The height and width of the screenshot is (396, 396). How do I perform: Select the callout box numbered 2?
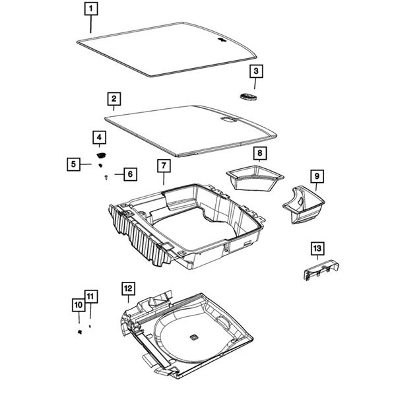[114, 99]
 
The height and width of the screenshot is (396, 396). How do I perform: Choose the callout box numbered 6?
[129, 174]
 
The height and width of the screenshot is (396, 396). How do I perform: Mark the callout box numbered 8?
[259, 154]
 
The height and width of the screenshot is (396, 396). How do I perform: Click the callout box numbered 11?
[90, 296]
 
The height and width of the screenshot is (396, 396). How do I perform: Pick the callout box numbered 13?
[317, 248]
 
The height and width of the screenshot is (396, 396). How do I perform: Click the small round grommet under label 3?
[248, 97]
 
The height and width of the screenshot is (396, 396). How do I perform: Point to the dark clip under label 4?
[101, 154]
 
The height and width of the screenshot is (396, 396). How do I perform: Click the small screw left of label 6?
[106, 176]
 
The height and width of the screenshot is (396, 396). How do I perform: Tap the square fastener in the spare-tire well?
[195, 337]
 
